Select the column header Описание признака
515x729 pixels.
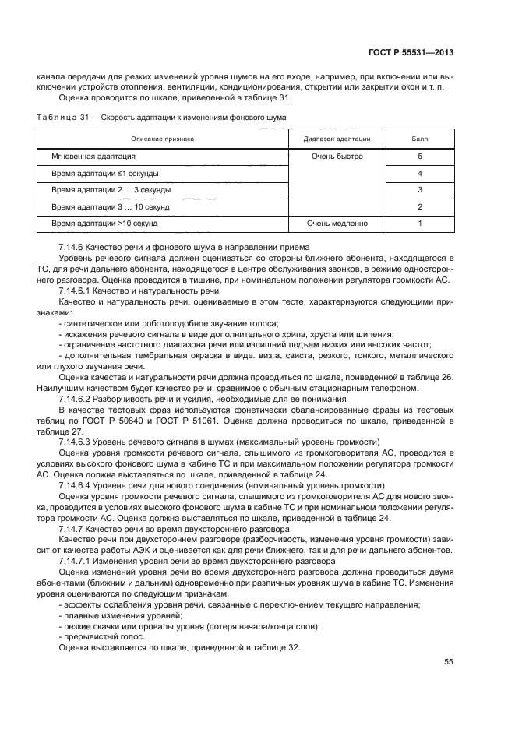point(162,139)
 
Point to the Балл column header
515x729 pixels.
point(420,139)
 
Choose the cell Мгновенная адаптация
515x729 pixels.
point(93,157)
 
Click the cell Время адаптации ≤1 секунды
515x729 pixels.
point(105,173)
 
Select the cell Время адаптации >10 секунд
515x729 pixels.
point(104,223)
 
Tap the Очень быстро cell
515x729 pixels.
point(337,157)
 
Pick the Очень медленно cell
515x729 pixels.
point(337,223)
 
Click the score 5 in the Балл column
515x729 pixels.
point(420,157)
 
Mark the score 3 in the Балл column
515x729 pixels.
point(420,190)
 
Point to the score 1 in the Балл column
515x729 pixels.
point(420,223)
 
